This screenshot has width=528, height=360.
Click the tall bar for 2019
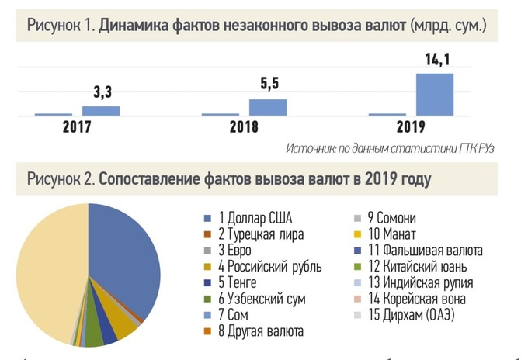pyautogui.click(x=435, y=94)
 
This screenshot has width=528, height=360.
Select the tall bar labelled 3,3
pyautogui.click(x=100, y=110)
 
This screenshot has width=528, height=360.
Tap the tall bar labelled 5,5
pyautogui.click(x=267, y=107)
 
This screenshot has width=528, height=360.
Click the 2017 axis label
pyautogui.click(x=77, y=127)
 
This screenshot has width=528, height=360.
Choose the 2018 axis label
pyautogui.click(x=244, y=127)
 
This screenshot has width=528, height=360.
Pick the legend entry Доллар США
pyautogui.click(x=255, y=218)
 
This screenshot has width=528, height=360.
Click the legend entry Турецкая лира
pyautogui.click(x=261, y=234)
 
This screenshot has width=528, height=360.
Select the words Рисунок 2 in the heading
pyautogui.click(x=59, y=179)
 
